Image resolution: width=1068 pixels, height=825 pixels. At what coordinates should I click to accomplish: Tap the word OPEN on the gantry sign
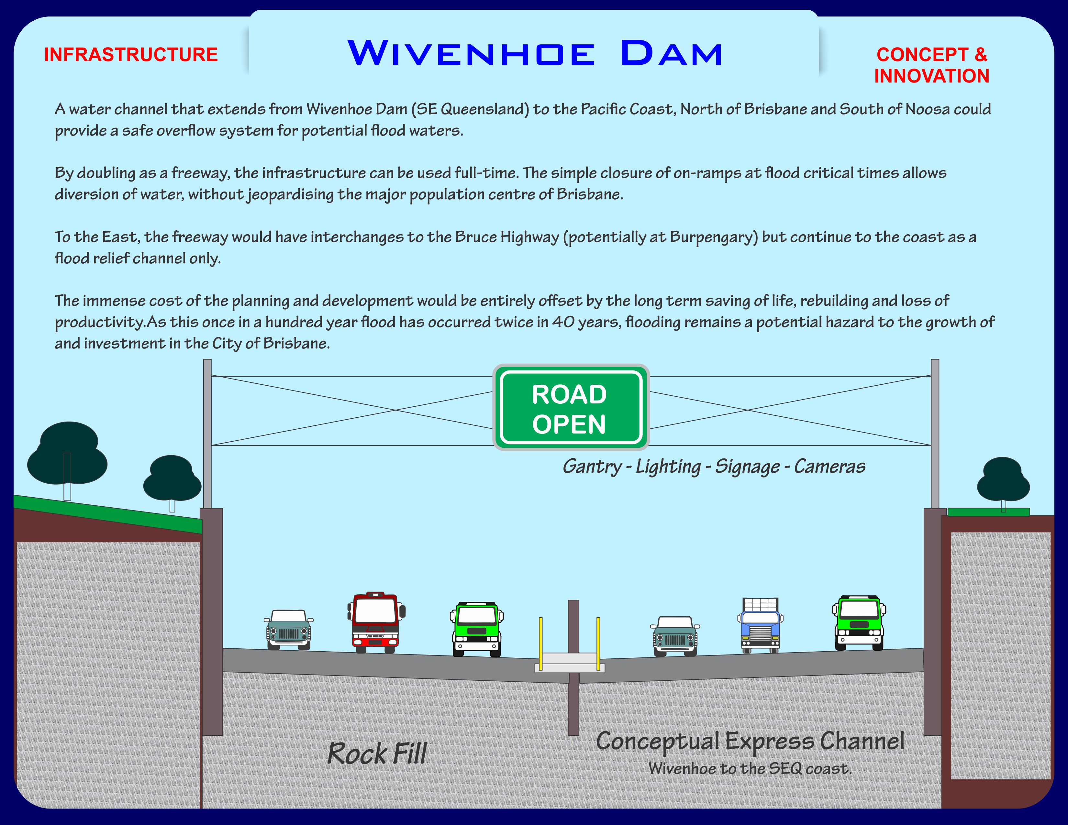[569, 424]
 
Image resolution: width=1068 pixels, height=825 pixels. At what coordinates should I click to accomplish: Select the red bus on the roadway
[375, 623]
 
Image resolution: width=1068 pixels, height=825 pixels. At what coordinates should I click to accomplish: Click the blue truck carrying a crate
[760, 626]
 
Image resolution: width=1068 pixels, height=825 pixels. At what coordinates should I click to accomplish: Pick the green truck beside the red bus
[477, 629]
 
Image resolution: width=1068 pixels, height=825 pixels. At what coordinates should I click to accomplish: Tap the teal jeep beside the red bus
[289, 630]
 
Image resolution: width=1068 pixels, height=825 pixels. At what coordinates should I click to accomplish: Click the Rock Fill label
[376, 753]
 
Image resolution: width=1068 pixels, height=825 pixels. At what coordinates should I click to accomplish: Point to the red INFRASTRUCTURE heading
[131, 55]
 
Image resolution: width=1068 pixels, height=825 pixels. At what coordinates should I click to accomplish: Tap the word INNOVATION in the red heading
[931, 76]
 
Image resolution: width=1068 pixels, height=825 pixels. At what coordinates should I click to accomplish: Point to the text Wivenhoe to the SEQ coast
[750, 769]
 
